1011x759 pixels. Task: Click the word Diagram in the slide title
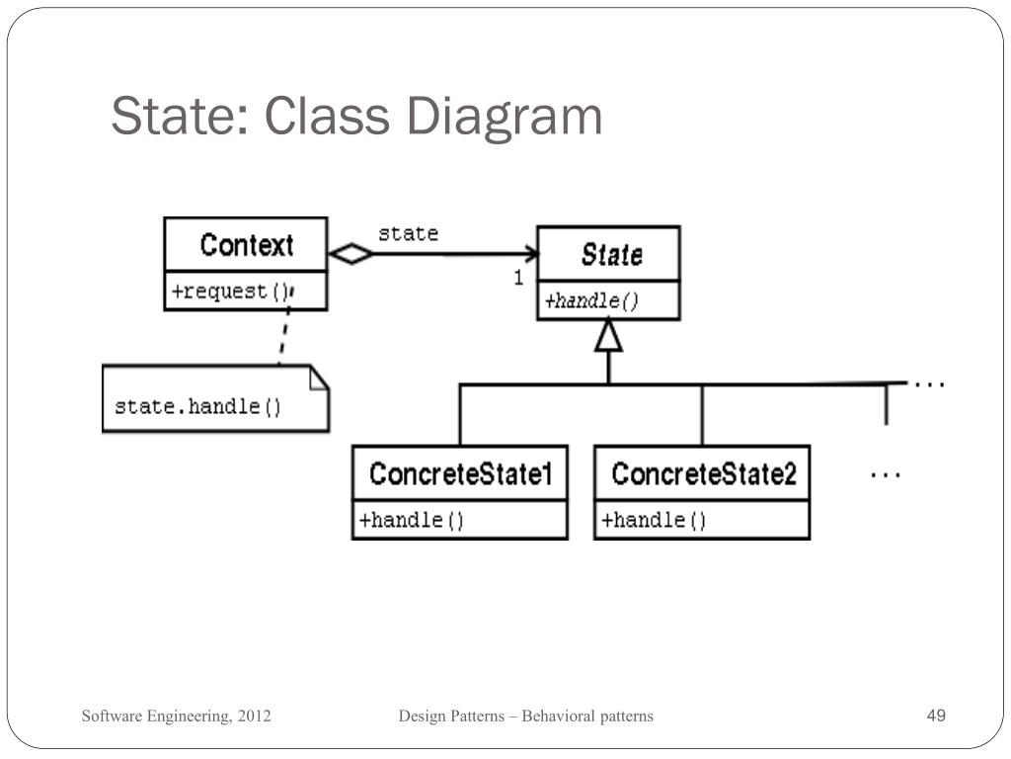[505, 117]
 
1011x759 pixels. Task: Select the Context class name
[246, 245]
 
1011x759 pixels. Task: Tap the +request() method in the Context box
[229, 292]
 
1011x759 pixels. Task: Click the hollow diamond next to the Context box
[350, 254]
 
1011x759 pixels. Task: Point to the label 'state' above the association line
[408, 233]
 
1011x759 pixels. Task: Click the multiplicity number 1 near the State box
[518, 278]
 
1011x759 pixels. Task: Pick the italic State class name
[611, 254]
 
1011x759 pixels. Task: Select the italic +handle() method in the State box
[591, 300]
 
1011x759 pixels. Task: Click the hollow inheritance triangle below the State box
[608, 336]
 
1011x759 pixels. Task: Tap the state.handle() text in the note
[197, 406]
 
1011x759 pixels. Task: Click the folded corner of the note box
[319, 378]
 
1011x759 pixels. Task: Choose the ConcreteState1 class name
[461, 473]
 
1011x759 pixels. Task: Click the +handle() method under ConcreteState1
[412, 520]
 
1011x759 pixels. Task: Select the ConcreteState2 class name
[704, 473]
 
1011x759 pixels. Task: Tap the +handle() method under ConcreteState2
[654, 520]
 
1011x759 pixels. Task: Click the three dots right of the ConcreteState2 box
[886, 475]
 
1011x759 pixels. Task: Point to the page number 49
[936, 716]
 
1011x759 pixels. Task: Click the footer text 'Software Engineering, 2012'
[176, 716]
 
